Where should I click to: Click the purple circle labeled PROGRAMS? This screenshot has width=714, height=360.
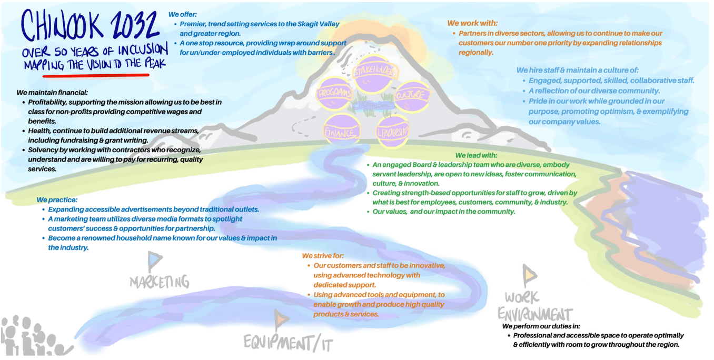pos(334,93)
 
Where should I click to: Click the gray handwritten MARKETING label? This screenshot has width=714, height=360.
pos(159,282)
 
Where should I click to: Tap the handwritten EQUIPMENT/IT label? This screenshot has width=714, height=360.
pos(288,343)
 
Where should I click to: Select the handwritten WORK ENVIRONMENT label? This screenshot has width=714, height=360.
pos(534,306)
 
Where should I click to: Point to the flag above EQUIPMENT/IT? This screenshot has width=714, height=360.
pos(282,318)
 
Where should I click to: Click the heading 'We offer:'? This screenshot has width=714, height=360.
pos(183,15)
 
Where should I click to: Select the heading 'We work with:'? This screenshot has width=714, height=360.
pos(472,23)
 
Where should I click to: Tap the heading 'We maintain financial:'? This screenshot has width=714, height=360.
pos(52,93)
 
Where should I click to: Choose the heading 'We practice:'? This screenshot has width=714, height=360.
pos(57,200)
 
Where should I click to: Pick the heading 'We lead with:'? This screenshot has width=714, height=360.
pos(476,155)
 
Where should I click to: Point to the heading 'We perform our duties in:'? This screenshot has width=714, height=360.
pos(541,326)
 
